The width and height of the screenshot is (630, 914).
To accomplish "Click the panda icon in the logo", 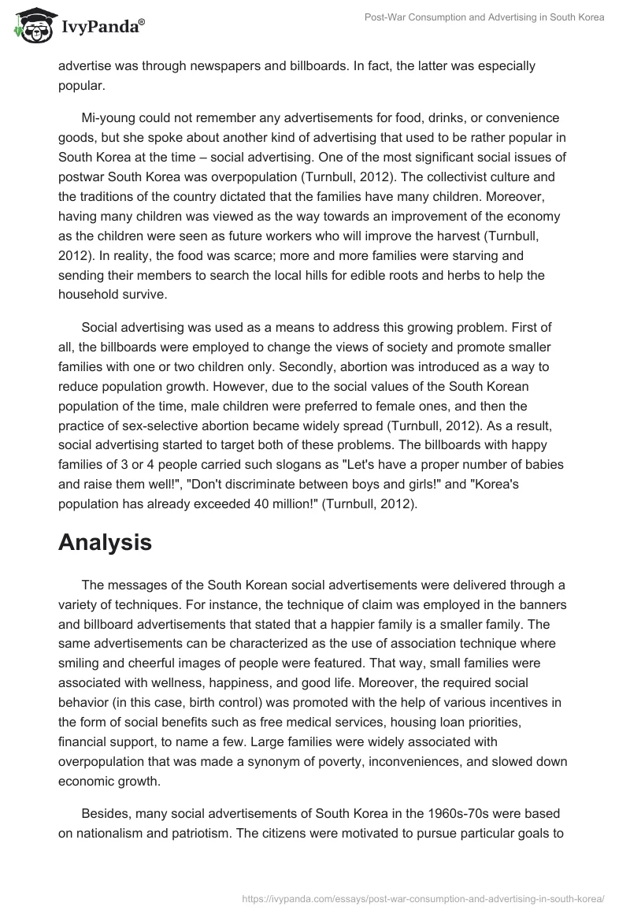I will tap(32, 27).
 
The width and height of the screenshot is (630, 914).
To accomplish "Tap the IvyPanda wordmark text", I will tap(102, 28).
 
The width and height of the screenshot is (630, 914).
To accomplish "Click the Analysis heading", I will tap(105, 541).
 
